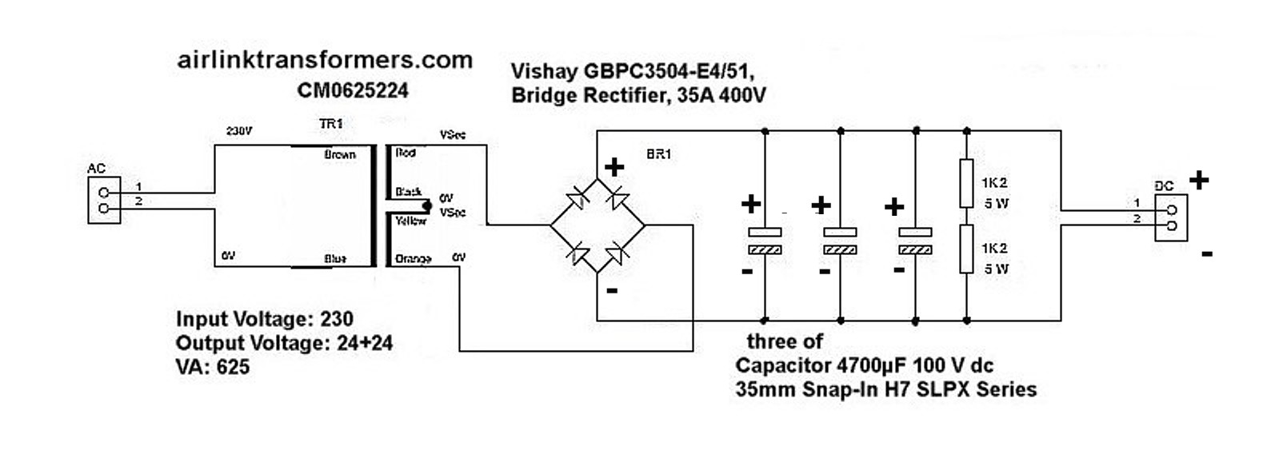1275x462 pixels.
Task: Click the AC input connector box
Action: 103,201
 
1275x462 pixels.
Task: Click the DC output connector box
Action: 1169,218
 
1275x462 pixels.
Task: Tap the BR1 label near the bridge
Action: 658,154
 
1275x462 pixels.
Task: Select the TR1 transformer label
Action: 330,124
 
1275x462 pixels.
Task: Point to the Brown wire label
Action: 340,154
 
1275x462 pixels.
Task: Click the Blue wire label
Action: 335,259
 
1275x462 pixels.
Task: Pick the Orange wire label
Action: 413,259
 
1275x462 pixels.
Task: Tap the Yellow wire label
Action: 410,221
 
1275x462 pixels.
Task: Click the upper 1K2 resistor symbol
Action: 966,183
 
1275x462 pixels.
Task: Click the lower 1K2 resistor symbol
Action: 966,249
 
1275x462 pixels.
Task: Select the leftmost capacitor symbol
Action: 764,241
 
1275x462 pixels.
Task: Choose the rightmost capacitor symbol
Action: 915,241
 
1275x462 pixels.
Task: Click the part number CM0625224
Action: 353,90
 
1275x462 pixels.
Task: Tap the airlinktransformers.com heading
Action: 325,60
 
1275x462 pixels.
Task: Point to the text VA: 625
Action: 213,367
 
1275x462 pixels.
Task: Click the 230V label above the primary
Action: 238,130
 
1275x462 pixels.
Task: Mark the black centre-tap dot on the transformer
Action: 426,205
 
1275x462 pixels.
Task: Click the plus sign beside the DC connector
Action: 1198,181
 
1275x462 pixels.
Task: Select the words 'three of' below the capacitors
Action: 784,342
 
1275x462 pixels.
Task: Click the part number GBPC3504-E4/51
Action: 665,71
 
